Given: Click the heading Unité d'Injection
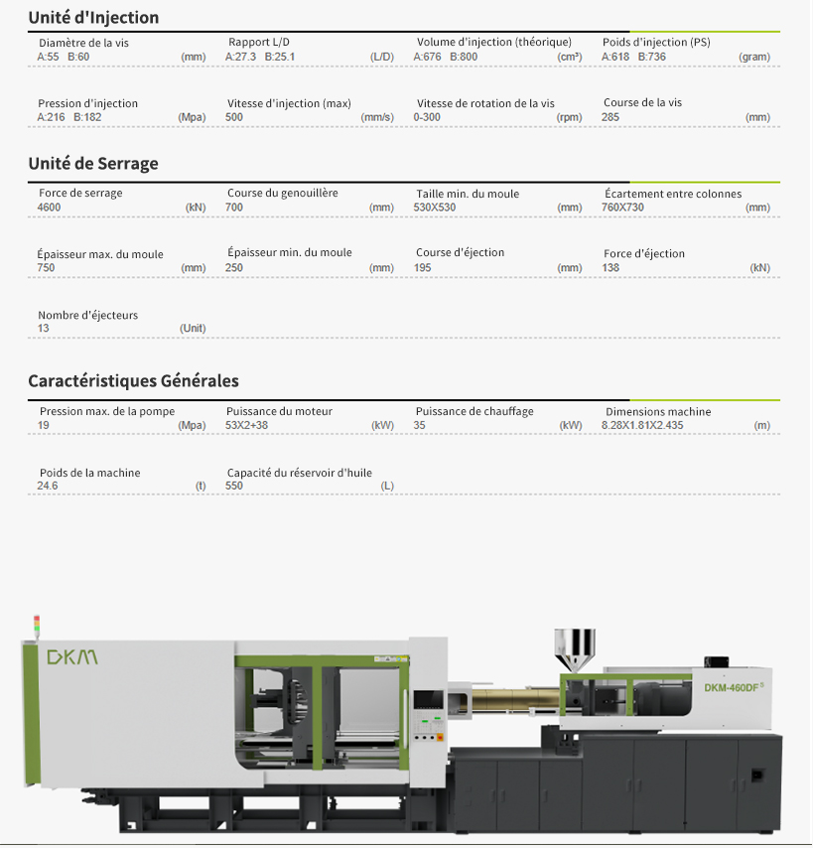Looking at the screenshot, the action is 93,17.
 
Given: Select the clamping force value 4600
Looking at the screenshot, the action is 49,208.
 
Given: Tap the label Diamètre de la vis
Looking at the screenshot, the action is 83,43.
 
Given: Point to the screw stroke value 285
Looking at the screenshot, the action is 610,117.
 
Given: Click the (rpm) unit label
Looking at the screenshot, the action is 569,117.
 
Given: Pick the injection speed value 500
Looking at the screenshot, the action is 234,117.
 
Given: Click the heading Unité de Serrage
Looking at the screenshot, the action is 93,163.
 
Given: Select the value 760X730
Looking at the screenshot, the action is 622,208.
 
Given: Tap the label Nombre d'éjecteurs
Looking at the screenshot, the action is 87,315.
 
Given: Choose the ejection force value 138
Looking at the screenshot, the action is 610,267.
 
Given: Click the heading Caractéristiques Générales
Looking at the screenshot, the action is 134,380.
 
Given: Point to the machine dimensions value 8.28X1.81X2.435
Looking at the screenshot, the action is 642,425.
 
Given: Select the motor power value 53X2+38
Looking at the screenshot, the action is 246,425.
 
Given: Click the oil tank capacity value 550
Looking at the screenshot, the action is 234,486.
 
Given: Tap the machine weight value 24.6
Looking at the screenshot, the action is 47,486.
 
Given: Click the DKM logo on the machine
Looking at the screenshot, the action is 72,657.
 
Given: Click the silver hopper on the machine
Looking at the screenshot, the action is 575,650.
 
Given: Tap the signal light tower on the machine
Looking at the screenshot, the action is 37,627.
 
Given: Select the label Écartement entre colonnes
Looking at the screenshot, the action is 673,194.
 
